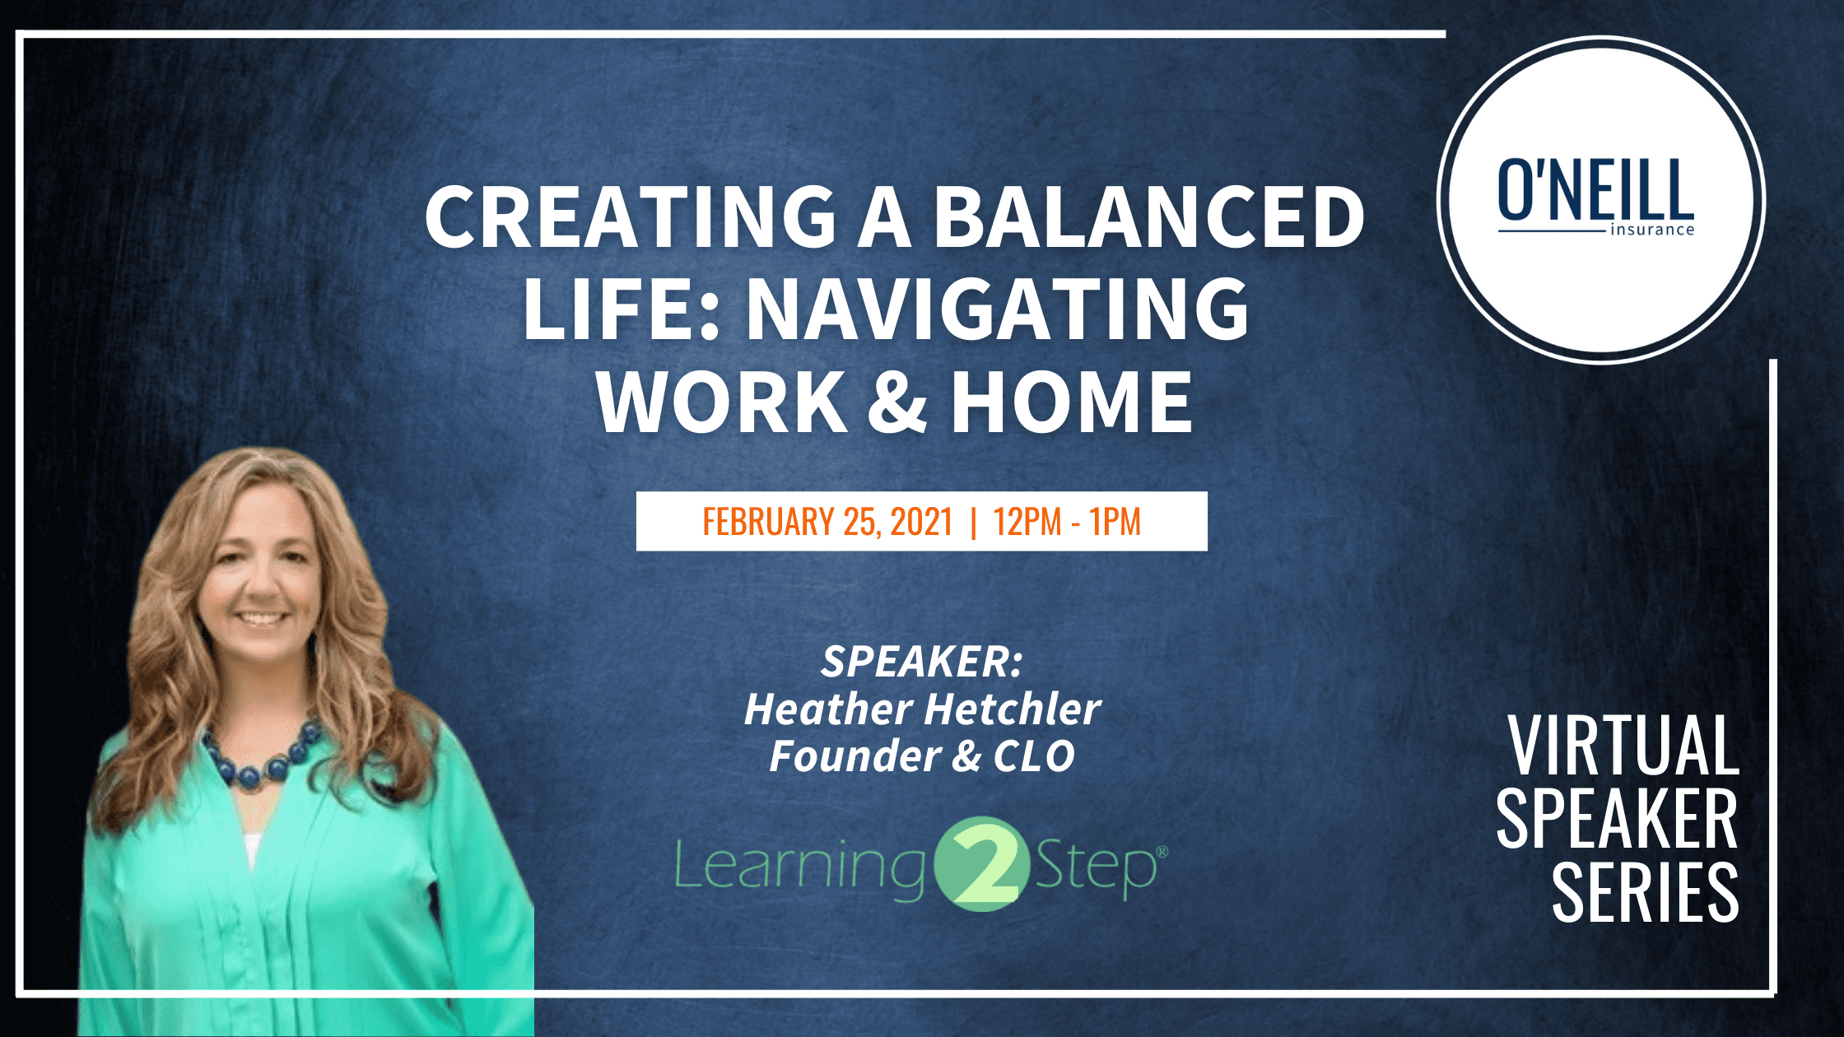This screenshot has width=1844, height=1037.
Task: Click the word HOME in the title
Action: point(1072,402)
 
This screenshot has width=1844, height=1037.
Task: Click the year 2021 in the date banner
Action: point(921,522)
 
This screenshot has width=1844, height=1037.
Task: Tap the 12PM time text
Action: point(1027,522)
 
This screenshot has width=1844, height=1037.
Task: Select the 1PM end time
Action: point(1115,522)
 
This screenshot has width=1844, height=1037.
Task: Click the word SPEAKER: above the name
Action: point(922,662)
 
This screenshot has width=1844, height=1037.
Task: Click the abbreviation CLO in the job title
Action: point(1034,756)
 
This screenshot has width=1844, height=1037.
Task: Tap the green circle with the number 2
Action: point(981,864)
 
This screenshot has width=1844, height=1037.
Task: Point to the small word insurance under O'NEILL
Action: point(1652,230)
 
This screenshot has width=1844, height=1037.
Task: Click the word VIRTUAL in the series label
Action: point(1623,745)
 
